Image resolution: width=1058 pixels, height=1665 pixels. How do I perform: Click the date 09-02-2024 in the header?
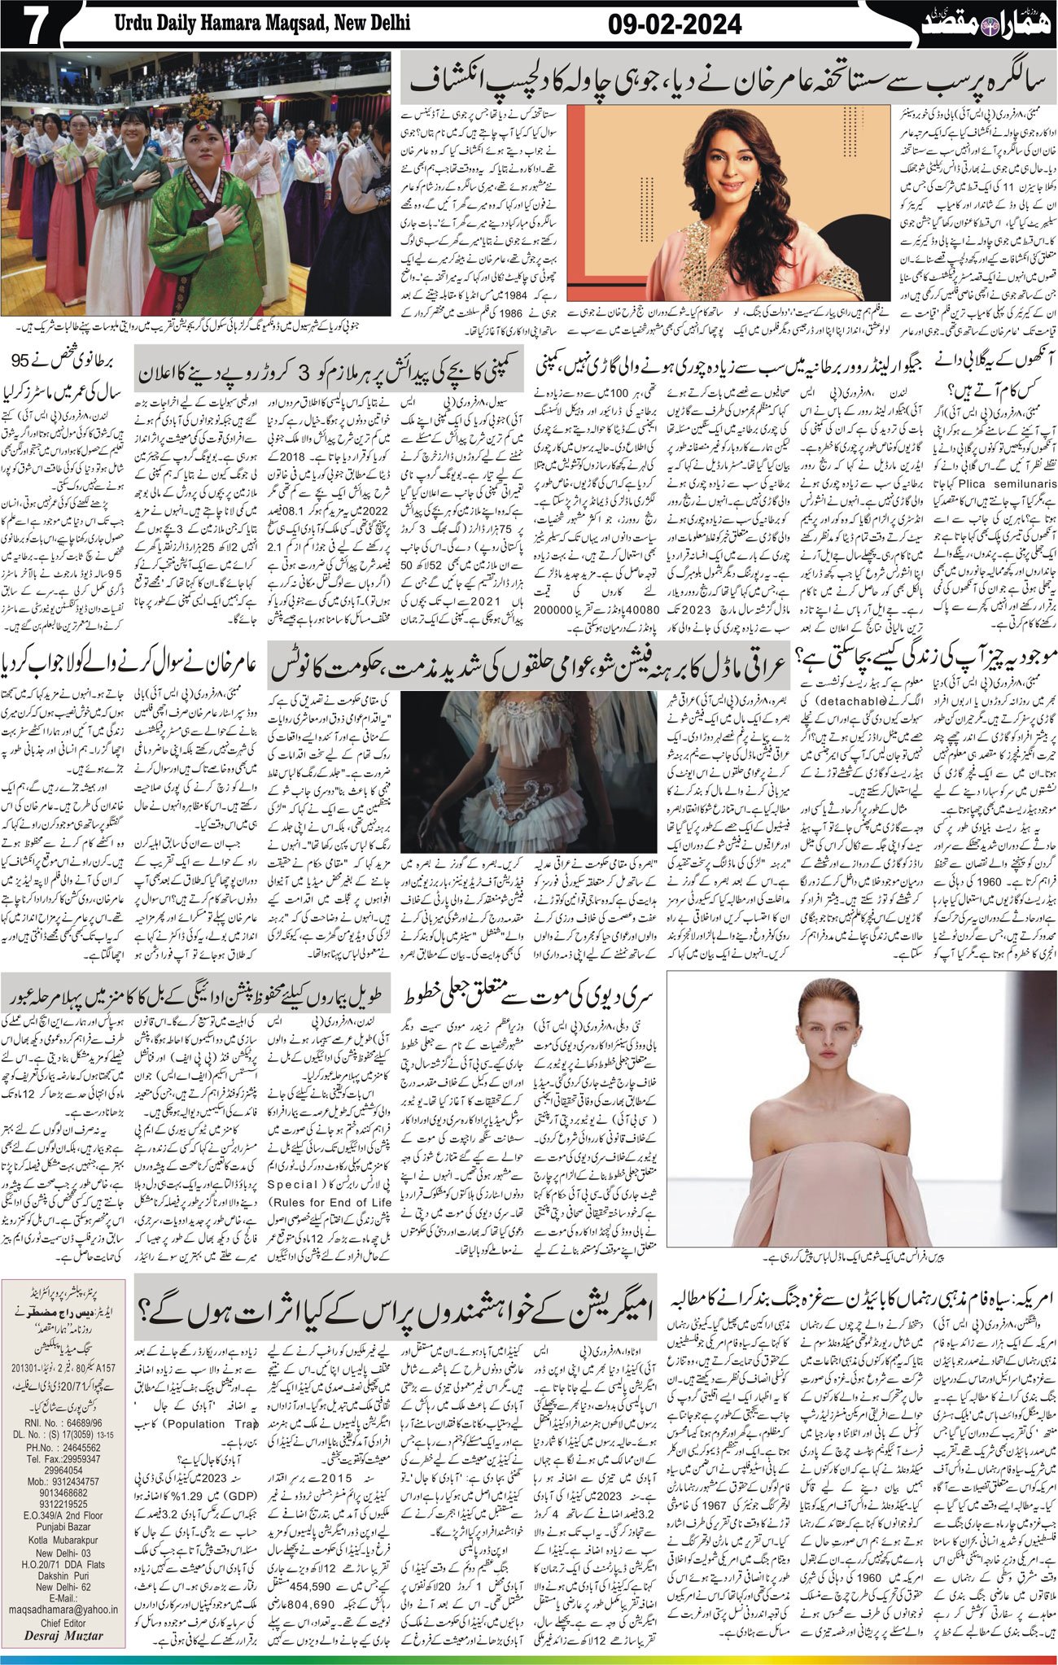point(675,25)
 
